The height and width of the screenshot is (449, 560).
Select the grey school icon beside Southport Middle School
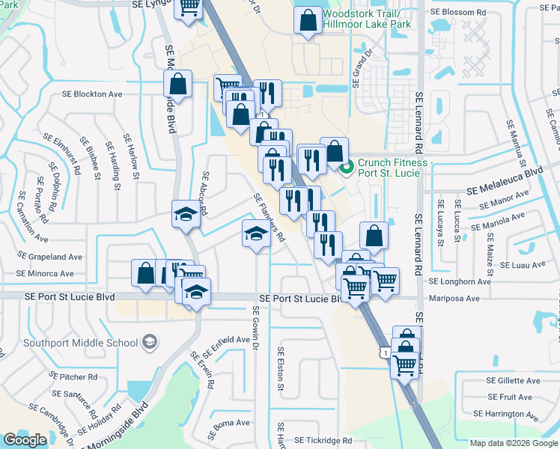pos(150,342)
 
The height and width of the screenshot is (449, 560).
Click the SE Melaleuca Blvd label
pos(504,172)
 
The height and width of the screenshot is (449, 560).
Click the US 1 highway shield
pos(385,352)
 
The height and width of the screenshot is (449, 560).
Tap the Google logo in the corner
pos(25,440)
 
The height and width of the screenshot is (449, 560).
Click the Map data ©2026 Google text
pos(514,443)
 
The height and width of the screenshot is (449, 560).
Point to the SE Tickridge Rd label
pos(323,441)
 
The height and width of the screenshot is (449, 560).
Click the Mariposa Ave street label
pos(454,298)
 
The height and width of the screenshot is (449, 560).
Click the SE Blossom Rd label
pos(462,13)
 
